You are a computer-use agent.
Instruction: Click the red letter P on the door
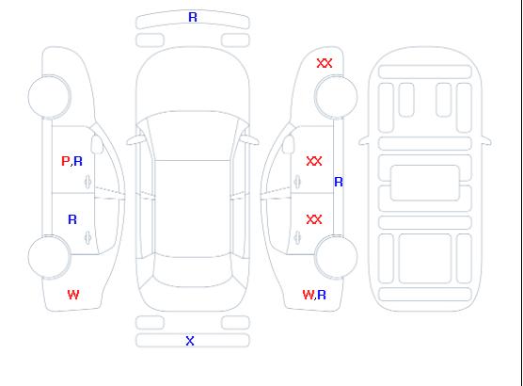66,161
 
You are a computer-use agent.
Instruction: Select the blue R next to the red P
78,161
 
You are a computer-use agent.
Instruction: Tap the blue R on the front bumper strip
193,17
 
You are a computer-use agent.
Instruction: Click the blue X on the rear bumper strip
190,341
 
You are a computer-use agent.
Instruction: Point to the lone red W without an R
73,295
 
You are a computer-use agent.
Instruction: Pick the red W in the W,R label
309,295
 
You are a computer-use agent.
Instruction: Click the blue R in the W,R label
322,295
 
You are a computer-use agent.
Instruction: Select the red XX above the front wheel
325,63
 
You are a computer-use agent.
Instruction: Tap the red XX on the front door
314,161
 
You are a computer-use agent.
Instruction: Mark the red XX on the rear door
314,219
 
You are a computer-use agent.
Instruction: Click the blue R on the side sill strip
339,182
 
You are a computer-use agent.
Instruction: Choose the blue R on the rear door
72,219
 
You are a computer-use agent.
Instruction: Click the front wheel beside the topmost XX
336,97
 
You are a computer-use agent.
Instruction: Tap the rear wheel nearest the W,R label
336,257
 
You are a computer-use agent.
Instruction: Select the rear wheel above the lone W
49,257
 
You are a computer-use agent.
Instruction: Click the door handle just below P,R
87,182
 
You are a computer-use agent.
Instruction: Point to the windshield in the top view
193,136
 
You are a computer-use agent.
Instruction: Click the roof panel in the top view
193,209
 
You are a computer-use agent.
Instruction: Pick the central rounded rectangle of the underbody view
425,183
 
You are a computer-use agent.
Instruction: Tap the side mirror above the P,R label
97,144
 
